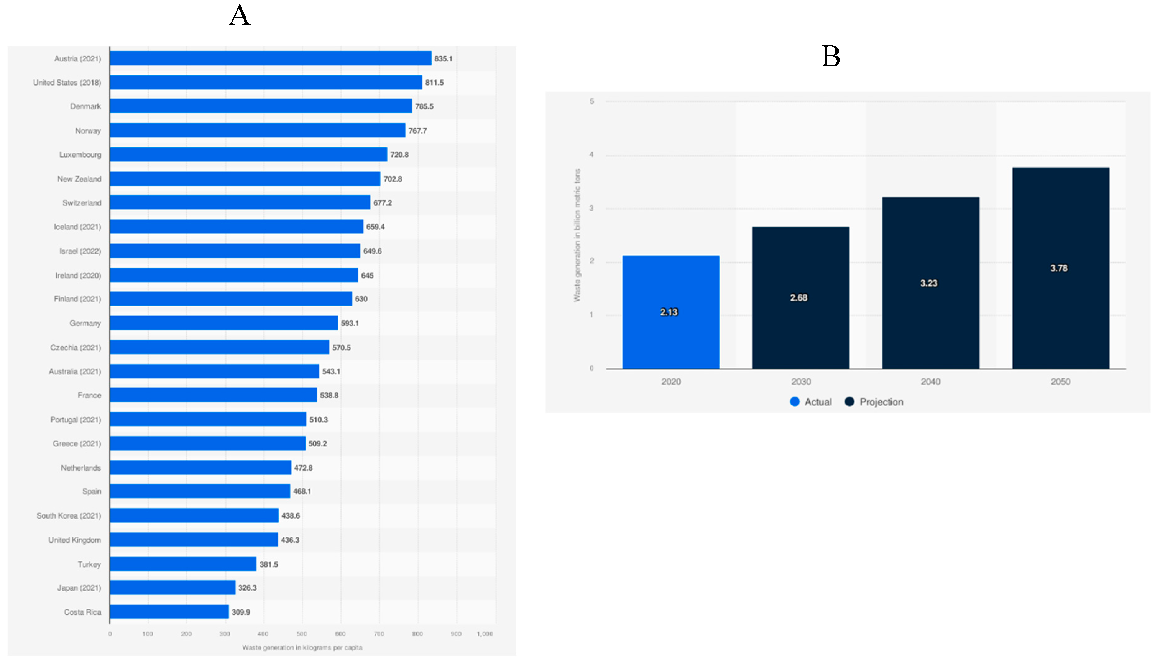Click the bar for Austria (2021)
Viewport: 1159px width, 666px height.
point(270,58)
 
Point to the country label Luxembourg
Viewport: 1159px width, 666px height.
point(80,155)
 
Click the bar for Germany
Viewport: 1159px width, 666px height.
point(223,323)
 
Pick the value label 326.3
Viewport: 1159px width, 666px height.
point(247,588)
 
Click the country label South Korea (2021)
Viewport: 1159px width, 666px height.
point(69,515)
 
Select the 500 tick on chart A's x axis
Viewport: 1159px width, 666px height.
point(302,633)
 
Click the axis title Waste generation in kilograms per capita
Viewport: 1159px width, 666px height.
point(302,647)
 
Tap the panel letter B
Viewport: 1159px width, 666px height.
point(830,56)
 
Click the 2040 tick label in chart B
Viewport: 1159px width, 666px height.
point(930,382)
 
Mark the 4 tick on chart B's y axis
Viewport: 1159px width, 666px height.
point(591,155)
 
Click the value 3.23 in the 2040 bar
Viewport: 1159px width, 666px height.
point(928,283)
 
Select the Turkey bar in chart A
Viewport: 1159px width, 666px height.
point(183,564)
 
